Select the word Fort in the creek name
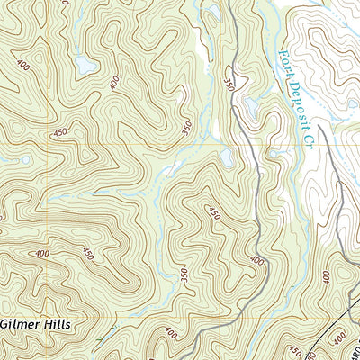(x=283, y=65)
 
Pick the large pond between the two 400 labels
(x=85, y=65)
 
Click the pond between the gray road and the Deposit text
(x=249, y=106)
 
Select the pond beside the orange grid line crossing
(x=227, y=158)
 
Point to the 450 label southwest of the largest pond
(x=60, y=133)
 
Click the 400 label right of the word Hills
(x=169, y=335)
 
